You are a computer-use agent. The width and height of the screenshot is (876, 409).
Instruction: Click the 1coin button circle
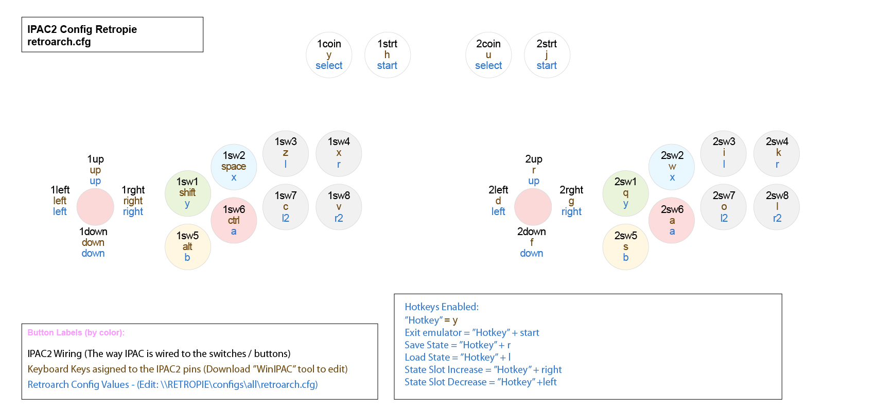[329, 55]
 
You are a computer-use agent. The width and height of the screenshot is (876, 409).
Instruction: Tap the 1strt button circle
[387, 55]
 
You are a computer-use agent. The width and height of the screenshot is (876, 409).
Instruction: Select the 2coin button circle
[488, 55]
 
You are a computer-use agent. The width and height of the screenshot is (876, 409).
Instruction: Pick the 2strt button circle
[547, 55]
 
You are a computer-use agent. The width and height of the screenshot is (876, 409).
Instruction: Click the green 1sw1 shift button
[187, 193]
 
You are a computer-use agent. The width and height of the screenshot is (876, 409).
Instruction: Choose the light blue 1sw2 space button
[234, 167]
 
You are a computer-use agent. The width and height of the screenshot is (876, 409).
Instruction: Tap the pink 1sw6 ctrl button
[234, 220]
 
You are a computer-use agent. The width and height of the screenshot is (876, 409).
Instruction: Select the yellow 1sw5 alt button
[187, 247]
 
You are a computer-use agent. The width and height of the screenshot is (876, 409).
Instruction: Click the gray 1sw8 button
[339, 207]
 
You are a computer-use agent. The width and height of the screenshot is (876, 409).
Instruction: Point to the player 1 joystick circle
[95, 207]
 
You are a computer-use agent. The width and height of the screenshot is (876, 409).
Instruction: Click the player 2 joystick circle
[533, 207]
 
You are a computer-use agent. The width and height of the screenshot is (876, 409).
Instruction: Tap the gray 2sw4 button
[777, 153]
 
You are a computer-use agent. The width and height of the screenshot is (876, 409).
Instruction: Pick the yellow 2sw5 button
[625, 247]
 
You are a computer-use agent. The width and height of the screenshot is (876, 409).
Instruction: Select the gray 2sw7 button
[724, 207]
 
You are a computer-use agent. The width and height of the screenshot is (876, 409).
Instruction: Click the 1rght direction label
[133, 190]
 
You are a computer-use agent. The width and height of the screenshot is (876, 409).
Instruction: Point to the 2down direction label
[532, 232]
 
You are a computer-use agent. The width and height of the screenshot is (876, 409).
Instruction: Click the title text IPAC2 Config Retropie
[82, 29]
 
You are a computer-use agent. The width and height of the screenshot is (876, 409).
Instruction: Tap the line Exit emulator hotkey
[471, 332]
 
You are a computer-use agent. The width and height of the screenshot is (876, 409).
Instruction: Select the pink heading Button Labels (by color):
[76, 332]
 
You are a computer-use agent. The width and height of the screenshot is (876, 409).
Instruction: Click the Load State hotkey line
[458, 357]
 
